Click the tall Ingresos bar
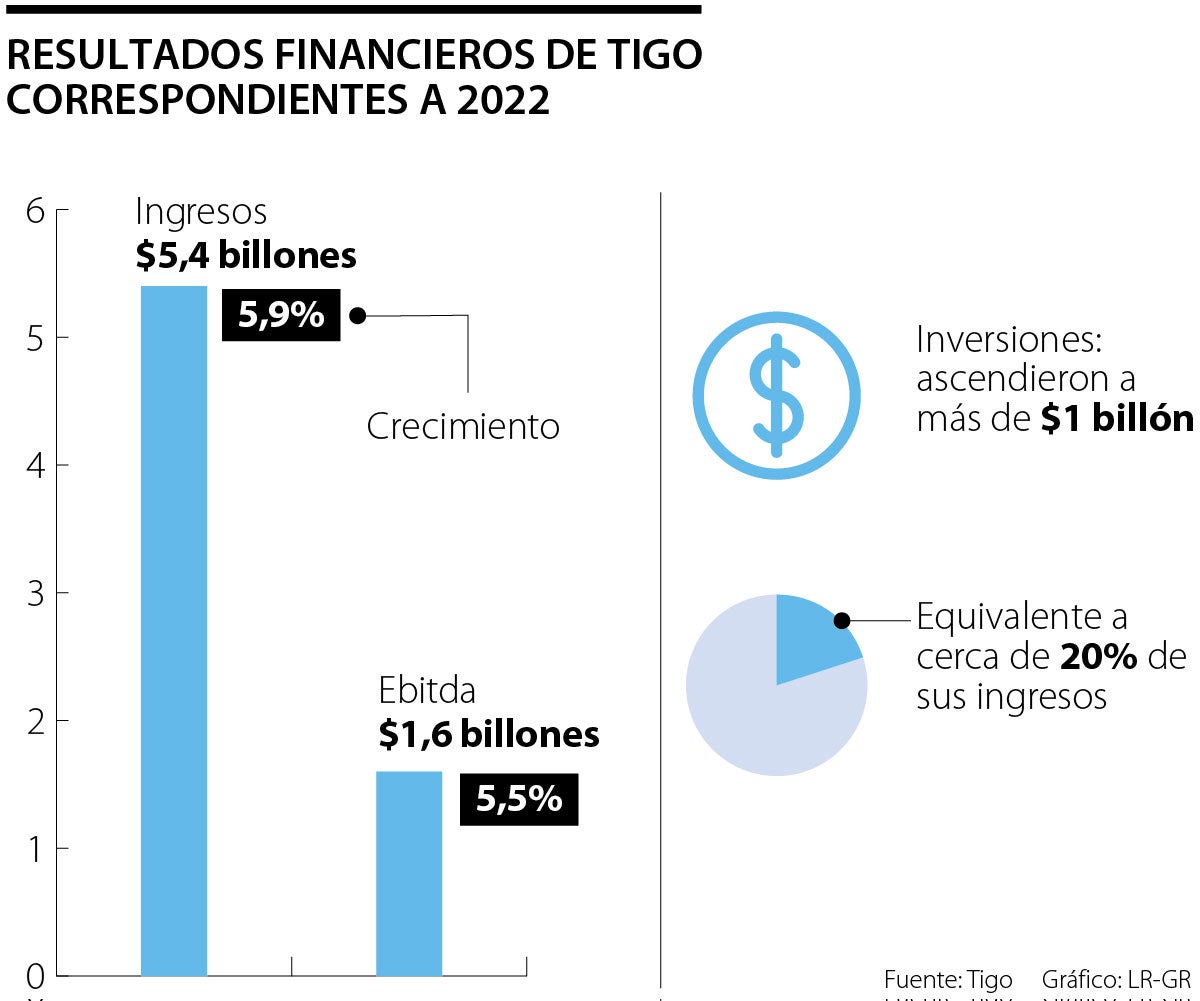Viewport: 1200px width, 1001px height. pyautogui.click(x=174, y=630)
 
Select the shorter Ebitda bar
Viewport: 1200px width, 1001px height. pyautogui.click(x=409, y=872)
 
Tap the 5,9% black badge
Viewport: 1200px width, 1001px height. pyautogui.click(x=281, y=315)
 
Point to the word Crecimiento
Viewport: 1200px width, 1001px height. pyautogui.click(x=462, y=427)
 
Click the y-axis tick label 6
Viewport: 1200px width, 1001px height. pyautogui.click(x=35, y=211)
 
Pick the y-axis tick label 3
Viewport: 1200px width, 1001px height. pyautogui.click(x=35, y=593)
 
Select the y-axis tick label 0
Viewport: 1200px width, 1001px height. pyautogui.click(x=35, y=975)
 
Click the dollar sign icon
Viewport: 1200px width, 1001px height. pyautogui.click(x=777, y=396)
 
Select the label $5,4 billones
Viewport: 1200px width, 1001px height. pyautogui.click(x=246, y=255)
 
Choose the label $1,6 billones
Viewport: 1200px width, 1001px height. pyautogui.click(x=489, y=735)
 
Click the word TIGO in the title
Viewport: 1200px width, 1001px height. pyautogui.click(x=655, y=57)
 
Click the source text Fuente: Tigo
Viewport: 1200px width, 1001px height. pyautogui.click(x=948, y=979)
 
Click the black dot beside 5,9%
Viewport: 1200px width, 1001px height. pyautogui.click(x=358, y=315)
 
